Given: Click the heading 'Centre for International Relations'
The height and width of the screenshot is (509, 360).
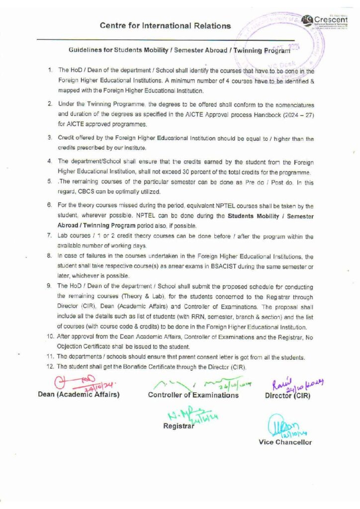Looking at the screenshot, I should pos(165,25).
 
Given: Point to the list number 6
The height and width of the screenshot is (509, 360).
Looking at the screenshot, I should pos(50,205).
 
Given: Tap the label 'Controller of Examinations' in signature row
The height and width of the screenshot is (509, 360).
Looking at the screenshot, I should pos(193,396).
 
